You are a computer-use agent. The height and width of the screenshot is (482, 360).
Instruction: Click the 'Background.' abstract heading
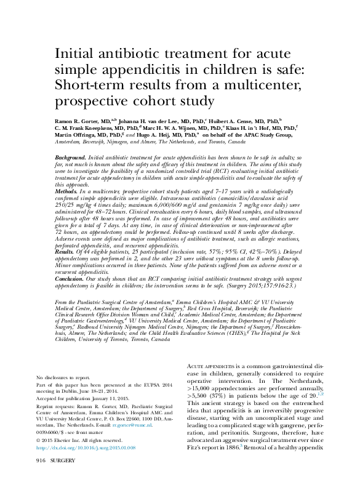point(70,158)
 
